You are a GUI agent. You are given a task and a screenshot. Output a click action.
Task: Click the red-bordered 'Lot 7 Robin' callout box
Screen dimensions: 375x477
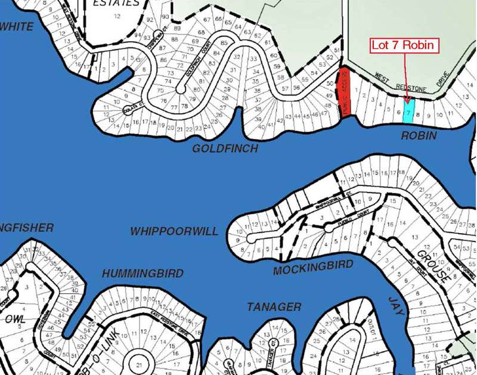(405, 45)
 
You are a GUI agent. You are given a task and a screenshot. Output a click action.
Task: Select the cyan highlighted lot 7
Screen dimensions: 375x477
(408, 111)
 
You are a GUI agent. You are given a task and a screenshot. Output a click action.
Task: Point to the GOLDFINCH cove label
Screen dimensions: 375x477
(225, 148)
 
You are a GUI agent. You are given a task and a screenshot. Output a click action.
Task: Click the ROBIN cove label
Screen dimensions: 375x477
(419, 136)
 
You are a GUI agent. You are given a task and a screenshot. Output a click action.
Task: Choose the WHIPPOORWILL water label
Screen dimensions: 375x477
(174, 231)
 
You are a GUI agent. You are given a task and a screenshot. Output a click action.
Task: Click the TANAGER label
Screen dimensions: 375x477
(274, 307)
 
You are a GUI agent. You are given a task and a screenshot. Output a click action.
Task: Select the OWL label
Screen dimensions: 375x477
(16, 320)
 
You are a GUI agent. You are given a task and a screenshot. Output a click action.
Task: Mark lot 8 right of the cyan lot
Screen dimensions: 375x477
(418, 113)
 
